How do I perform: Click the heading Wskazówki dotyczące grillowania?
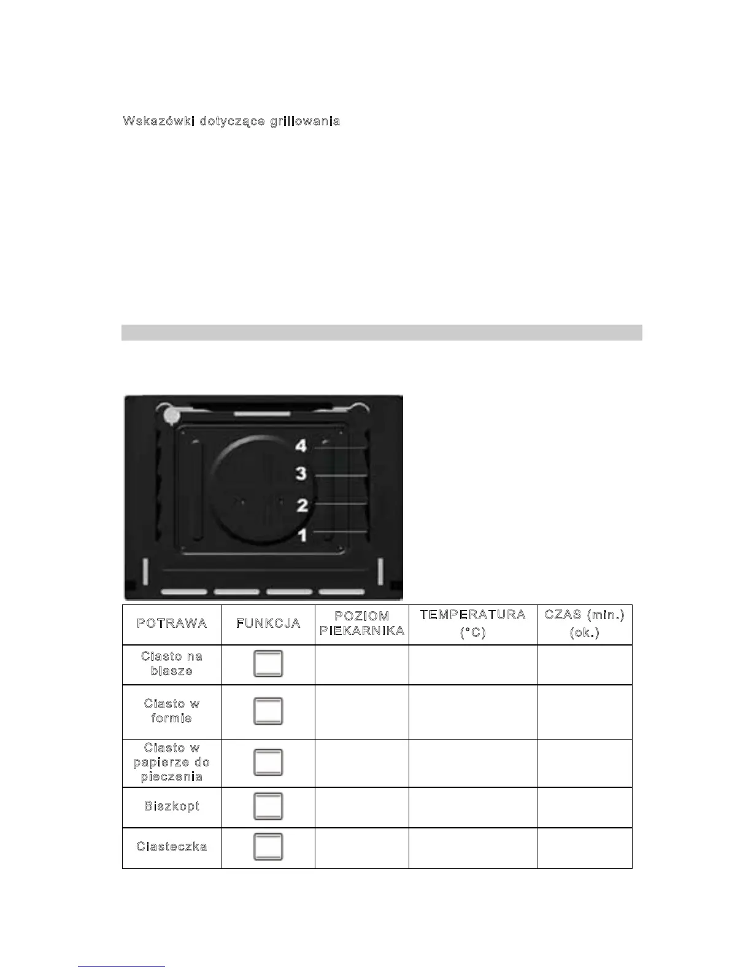[x=231, y=121]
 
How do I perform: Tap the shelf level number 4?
[x=301, y=445]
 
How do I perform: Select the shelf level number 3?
[x=301, y=474]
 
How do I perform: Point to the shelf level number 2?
[x=302, y=506]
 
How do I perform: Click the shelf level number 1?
[x=302, y=535]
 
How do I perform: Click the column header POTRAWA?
[x=172, y=623]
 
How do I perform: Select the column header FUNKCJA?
[x=268, y=623]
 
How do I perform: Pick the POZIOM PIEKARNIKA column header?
[x=362, y=623]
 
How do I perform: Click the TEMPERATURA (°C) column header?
[x=472, y=623]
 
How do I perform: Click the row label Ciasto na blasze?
[x=172, y=664]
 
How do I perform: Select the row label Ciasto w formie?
[x=172, y=711]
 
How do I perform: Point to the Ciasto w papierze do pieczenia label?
[x=172, y=762]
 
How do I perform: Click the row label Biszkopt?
[x=172, y=806]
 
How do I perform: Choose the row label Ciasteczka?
[x=172, y=847]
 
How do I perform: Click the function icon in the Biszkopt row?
[x=268, y=806]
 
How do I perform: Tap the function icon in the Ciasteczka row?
[x=268, y=847]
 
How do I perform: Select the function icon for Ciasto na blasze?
[x=268, y=664]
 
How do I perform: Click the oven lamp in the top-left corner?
[x=172, y=417]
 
